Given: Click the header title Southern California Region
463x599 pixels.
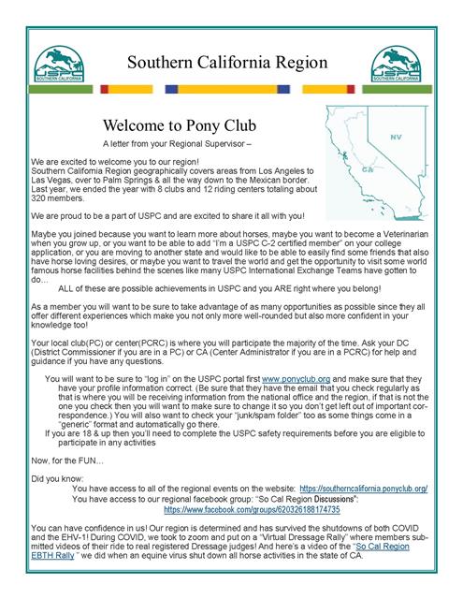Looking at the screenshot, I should pos(231,63).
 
